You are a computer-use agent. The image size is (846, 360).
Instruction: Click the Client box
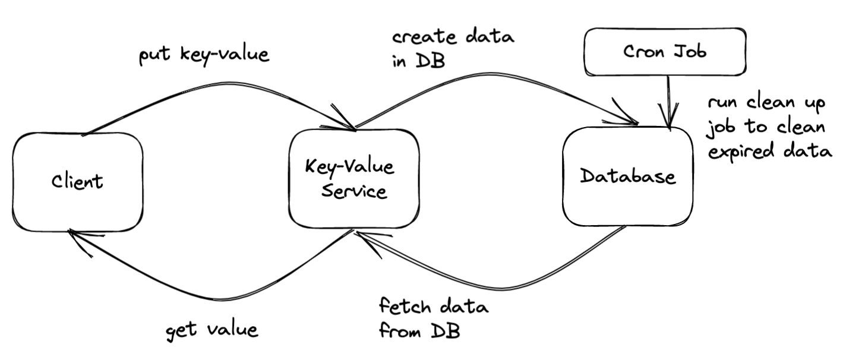pos(77,181)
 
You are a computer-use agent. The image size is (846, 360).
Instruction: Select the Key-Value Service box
pos(353,178)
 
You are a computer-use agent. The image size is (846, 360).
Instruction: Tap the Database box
pos(628,176)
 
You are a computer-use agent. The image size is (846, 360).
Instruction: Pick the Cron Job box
pos(665,52)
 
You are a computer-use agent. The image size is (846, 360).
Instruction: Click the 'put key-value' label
pos(204,55)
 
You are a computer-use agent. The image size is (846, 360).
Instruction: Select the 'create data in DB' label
pos(453,49)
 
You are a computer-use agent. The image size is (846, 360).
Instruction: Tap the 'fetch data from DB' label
pos(434,319)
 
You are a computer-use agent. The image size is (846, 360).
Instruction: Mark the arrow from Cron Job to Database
pos(670,101)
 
